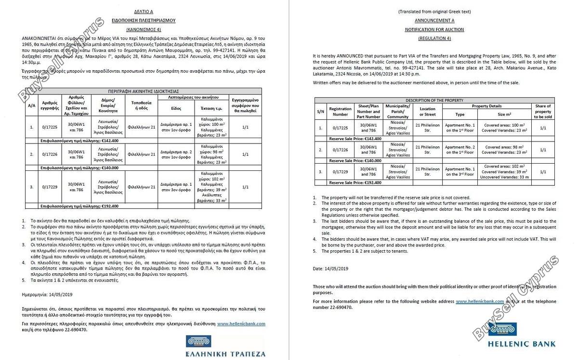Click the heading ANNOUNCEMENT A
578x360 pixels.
point(434,21)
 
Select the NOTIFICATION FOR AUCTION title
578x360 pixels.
point(434,29)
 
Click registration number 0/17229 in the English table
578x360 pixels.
point(340,172)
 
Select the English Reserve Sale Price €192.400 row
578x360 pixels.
point(355,183)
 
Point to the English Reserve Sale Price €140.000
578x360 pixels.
point(355,161)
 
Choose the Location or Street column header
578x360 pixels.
point(427,112)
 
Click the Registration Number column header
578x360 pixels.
point(340,112)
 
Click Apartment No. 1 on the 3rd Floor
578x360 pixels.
point(460,172)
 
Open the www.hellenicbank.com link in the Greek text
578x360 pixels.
point(241,324)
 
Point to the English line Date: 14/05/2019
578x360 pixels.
point(330,268)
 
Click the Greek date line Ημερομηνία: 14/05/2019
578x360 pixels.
point(46,293)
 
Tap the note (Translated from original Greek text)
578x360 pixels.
point(434,11)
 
